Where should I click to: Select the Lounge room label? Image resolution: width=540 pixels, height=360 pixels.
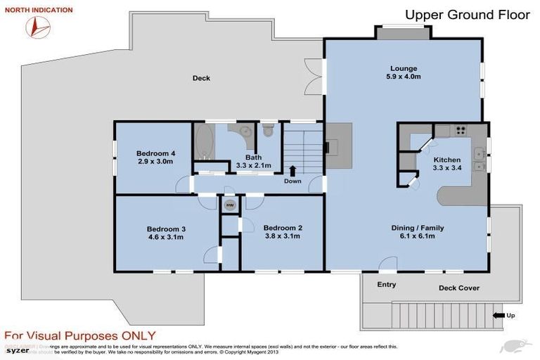point(404,69)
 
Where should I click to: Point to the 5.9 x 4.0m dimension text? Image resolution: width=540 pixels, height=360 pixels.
point(404,78)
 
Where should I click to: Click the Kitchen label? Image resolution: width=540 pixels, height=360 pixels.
point(446,160)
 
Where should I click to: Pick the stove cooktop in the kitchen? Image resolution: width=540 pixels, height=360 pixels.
point(462,130)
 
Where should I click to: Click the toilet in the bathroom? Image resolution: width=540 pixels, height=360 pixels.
point(267,131)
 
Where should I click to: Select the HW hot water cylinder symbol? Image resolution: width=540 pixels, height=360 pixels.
point(230,205)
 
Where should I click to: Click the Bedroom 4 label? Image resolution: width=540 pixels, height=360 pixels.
point(155,153)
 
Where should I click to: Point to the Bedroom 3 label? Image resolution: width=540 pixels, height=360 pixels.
point(166,229)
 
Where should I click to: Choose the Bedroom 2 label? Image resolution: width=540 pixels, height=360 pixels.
point(283,228)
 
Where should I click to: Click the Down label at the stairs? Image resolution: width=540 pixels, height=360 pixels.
point(292,181)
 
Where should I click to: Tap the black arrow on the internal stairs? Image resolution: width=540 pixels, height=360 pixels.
point(292,170)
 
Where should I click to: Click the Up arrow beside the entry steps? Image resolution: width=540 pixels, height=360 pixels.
point(499,316)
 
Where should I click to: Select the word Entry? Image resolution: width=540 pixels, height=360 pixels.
point(387,285)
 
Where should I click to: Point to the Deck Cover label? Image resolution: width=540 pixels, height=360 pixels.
point(458,288)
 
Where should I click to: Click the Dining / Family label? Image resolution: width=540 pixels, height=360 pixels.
point(417,228)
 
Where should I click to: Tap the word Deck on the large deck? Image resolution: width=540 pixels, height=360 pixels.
point(201,78)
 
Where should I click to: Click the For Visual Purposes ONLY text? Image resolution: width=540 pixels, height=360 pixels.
point(80,336)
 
